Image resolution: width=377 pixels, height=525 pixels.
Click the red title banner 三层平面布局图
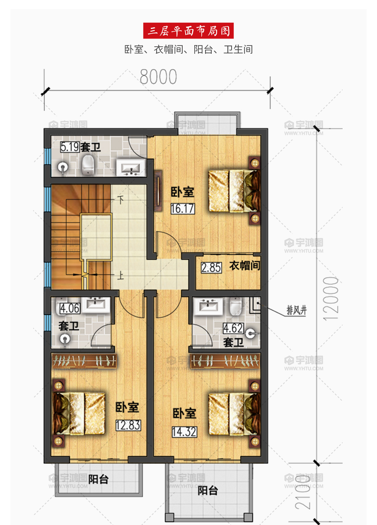pos(188,31)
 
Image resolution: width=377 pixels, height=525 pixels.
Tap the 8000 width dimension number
pos(158,77)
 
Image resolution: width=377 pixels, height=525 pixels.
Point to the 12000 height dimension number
pos(331,298)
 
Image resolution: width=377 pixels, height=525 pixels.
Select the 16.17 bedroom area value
pos(183,209)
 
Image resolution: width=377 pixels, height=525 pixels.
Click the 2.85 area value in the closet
pos(211,268)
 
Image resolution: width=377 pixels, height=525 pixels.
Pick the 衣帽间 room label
pos(245,266)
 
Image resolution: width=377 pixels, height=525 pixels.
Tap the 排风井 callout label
pos(297,310)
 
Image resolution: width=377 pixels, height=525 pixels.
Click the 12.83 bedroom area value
pos(128,425)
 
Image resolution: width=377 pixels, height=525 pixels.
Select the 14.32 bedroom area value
pos(184,432)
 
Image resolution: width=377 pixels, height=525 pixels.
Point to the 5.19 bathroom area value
pos(70,147)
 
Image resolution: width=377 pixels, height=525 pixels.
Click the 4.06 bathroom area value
pos(70,309)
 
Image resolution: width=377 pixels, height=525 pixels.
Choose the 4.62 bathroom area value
pos(233,328)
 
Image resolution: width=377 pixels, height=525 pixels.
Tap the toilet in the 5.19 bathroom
pos(88,165)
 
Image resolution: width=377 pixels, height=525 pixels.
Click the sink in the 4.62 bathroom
pos(208,306)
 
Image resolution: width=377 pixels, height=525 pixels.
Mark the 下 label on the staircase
pos(121,200)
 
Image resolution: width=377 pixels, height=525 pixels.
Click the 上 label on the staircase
pos(121,276)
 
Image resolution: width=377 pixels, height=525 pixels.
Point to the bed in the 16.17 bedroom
pos(234,191)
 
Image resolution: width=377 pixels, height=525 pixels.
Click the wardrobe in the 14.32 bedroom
pos(225,361)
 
